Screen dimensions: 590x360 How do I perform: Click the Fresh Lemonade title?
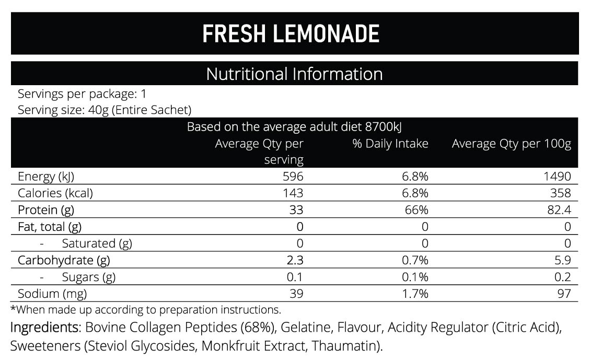(x=291, y=34)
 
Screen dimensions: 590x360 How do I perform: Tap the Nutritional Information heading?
(x=294, y=74)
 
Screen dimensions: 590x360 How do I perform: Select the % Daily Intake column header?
(x=390, y=143)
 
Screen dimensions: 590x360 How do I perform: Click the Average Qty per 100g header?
(x=512, y=144)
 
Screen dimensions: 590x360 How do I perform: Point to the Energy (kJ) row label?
(x=46, y=177)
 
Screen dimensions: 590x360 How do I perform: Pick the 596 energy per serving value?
(x=293, y=177)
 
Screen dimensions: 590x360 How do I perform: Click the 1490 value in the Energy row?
(x=557, y=177)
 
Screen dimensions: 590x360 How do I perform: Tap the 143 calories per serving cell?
(x=293, y=193)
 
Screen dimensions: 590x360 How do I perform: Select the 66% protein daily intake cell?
(x=417, y=210)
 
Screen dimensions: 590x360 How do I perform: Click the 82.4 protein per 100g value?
(x=559, y=210)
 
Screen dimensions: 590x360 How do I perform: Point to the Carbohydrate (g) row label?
(x=64, y=260)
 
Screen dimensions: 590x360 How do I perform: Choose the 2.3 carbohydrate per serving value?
(x=295, y=260)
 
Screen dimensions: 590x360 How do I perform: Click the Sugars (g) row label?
(x=88, y=277)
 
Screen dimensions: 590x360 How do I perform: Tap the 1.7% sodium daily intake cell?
(x=415, y=294)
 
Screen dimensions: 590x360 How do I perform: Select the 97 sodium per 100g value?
(x=564, y=294)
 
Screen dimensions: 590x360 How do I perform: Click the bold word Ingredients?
(x=45, y=328)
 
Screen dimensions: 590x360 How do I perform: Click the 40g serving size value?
(x=98, y=110)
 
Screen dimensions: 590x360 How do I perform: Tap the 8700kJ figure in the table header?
(x=384, y=127)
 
